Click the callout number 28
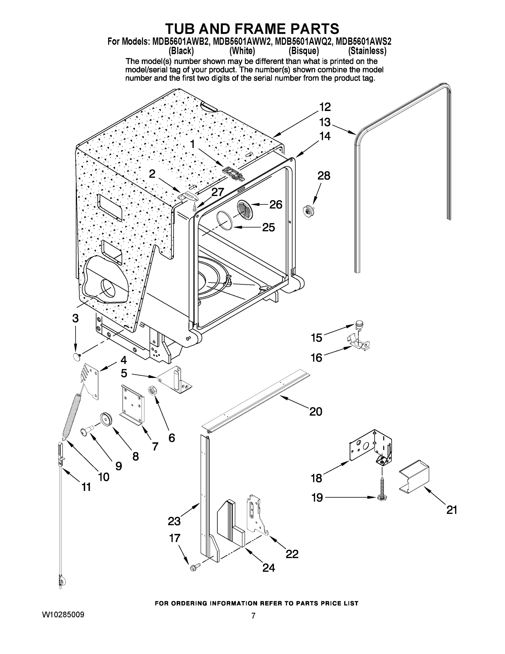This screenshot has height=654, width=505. pyautogui.click(x=323, y=176)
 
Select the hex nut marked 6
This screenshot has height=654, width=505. pyautogui.click(x=151, y=390)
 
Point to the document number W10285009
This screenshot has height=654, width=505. pyautogui.click(x=63, y=615)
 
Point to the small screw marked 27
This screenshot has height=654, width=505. pyautogui.click(x=195, y=206)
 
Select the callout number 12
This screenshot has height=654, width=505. pyautogui.click(x=325, y=107)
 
